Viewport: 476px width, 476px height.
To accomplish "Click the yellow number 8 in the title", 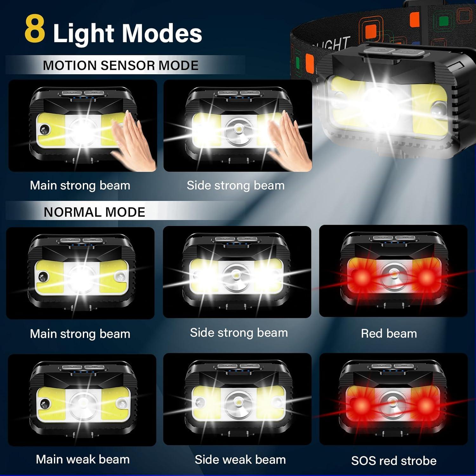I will [35, 29].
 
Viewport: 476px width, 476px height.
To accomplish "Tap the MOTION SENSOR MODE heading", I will [121, 65].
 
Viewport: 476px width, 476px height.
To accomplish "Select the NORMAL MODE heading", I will [94, 212].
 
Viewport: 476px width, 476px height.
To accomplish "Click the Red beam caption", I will [389, 334].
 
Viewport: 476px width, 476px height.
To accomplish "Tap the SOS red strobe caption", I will [393, 460].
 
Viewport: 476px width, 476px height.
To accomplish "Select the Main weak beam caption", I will [83, 459].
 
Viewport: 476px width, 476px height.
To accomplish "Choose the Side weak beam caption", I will [240, 459].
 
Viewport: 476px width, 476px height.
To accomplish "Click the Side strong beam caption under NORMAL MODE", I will [239, 333].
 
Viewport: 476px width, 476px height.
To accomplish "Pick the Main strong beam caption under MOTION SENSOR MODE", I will [80, 185].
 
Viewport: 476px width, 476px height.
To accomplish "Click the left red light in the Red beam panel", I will [362, 277].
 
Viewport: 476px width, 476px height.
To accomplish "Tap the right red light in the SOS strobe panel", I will [425, 405].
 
